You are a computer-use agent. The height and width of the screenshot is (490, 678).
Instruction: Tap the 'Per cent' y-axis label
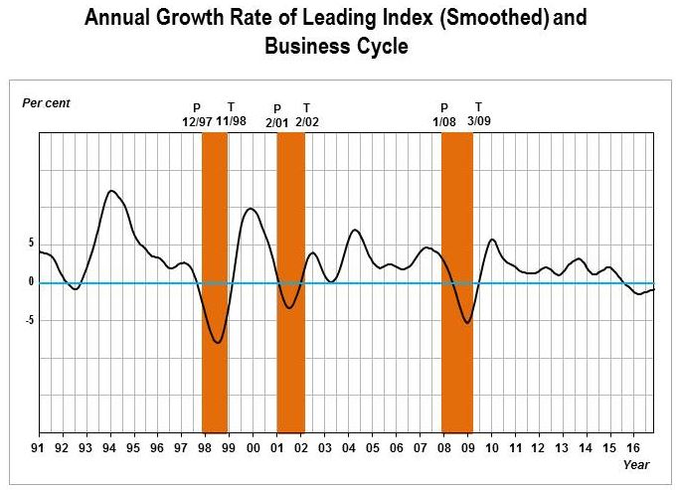point(46,102)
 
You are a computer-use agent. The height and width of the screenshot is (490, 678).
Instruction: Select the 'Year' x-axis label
point(636,464)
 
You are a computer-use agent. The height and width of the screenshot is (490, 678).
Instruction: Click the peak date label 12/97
point(197,120)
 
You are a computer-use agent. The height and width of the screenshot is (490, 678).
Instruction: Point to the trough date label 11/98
point(231,120)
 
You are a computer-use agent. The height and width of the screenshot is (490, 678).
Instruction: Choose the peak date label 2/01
point(276,121)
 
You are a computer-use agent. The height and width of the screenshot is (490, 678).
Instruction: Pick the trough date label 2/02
point(306,121)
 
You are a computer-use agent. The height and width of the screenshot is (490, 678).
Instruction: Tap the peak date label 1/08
point(443,121)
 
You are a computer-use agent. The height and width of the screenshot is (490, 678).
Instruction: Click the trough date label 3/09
point(478,120)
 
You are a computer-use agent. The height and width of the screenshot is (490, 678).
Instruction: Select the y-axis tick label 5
point(32,243)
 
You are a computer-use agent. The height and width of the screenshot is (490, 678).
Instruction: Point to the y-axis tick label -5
point(30,320)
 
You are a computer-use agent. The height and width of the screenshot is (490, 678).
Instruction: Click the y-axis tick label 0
point(32,282)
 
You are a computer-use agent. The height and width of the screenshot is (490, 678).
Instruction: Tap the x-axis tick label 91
point(39,449)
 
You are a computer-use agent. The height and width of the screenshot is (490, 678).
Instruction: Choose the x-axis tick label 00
point(254,449)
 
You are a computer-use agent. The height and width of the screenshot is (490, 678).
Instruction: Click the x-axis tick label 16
point(634,449)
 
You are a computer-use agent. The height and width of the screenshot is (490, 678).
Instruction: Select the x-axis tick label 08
point(444,449)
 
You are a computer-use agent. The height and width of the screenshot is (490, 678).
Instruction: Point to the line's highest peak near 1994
point(111,190)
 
